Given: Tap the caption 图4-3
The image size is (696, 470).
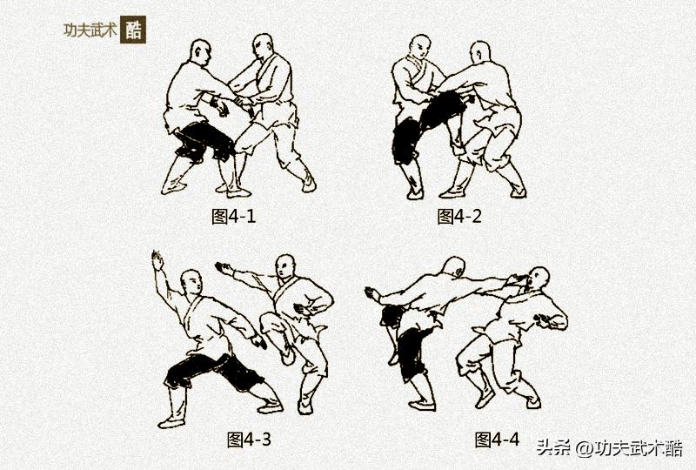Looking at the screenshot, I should (x=249, y=439).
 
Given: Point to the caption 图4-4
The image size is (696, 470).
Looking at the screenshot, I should (x=497, y=439).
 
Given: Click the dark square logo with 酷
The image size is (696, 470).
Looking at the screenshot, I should (x=133, y=29).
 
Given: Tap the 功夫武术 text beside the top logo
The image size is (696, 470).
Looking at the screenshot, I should (x=89, y=29).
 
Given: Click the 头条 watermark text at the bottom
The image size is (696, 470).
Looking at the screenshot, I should (x=552, y=448).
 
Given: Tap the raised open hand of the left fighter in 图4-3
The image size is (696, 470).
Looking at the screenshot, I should (x=157, y=259).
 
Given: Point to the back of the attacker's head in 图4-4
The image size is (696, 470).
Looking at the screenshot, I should (x=452, y=267).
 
